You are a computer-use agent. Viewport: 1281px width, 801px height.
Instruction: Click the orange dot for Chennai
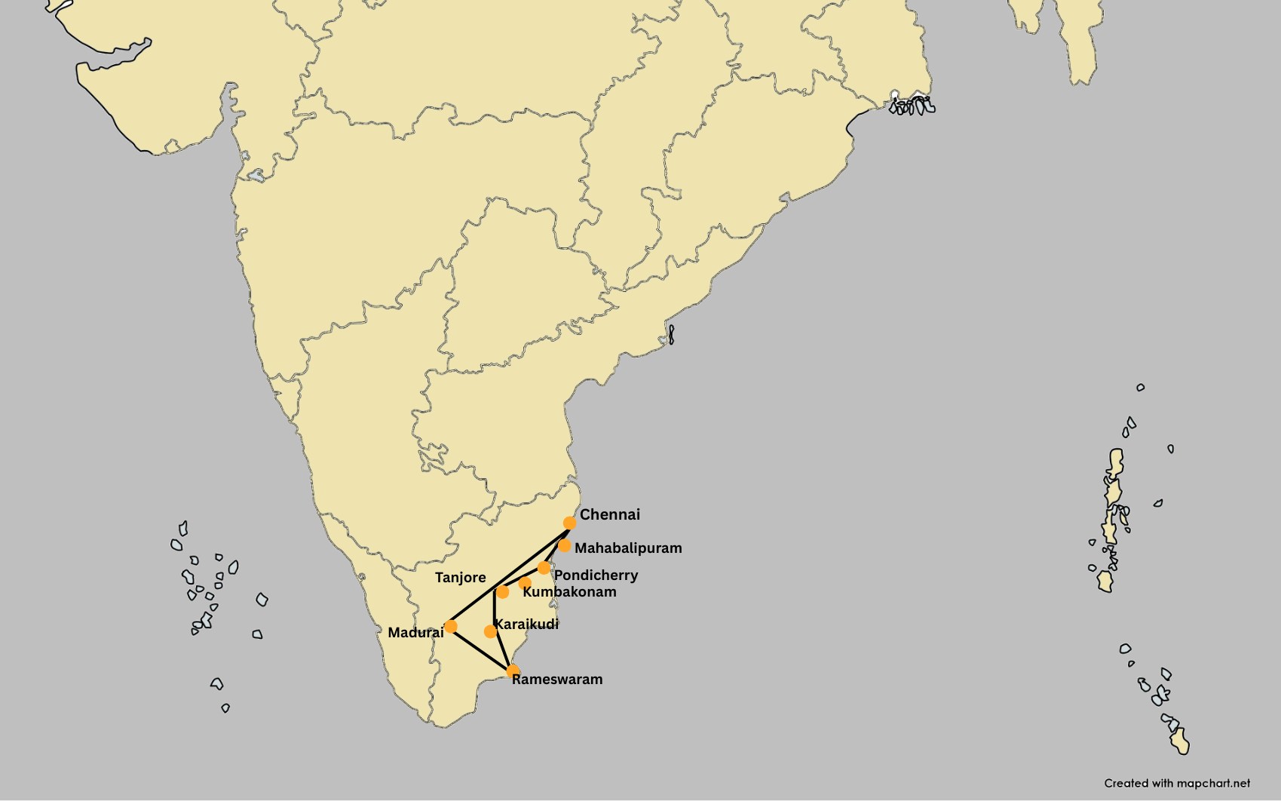[569, 523]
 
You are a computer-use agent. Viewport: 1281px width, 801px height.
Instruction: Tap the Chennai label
[609, 515]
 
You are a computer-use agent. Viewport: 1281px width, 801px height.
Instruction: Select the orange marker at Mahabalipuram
[564, 545]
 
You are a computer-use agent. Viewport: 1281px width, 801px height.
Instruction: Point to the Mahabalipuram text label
[628, 548]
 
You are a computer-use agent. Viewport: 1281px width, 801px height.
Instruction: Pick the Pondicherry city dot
[544, 567]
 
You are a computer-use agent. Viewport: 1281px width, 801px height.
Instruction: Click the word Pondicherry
[596, 575]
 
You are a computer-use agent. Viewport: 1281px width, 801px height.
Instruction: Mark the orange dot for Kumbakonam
[525, 583]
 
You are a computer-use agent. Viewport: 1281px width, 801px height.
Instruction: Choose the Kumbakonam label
[569, 592]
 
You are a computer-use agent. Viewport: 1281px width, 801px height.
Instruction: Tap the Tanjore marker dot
[502, 592]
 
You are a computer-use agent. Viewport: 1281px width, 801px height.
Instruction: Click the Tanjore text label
[460, 578]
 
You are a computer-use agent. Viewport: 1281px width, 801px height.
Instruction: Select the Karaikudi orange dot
[490, 631]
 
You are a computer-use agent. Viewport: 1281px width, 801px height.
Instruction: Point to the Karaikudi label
[527, 625]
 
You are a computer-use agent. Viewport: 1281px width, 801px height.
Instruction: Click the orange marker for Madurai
[451, 626]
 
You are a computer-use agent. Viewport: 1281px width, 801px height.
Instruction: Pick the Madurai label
[415, 633]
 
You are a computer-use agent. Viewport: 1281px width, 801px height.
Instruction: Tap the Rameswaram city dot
[513, 671]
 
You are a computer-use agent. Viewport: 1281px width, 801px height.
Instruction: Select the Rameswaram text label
[557, 680]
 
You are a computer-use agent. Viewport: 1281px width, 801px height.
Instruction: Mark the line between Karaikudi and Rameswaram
[501, 650]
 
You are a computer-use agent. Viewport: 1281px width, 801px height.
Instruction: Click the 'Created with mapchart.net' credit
[1177, 784]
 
